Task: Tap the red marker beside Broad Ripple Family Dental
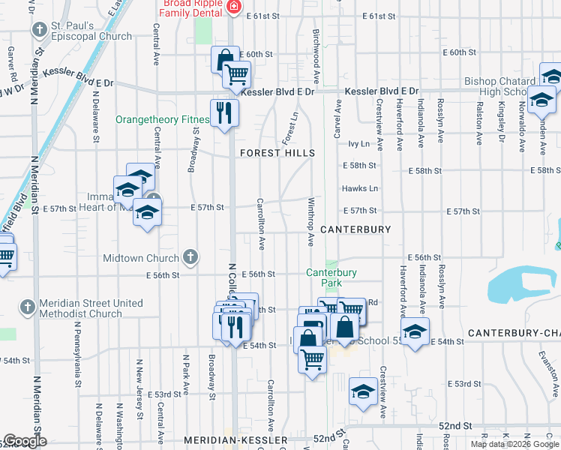click(235, 7)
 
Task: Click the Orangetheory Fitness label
click(161, 119)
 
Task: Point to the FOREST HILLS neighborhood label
click(277, 153)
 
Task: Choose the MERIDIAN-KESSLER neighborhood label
click(235, 439)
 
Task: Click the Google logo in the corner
click(25, 441)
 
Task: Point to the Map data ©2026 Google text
click(514, 444)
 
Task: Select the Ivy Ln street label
click(359, 143)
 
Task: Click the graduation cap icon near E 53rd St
click(364, 391)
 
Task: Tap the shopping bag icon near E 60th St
click(224, 59)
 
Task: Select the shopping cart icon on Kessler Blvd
click(238, 75)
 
